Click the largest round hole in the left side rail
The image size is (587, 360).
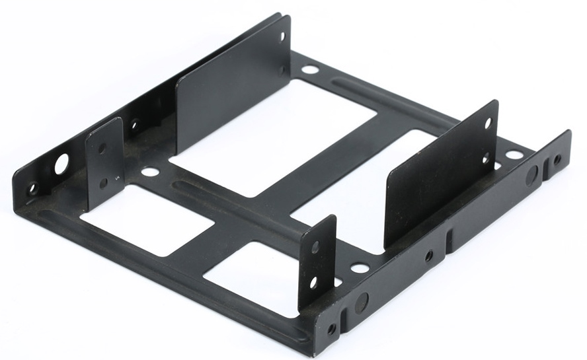pos(61,163)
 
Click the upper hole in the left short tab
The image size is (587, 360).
pos(102,149)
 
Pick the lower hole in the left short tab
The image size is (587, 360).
pos(103,183)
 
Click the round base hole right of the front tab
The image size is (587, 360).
pos(360,268)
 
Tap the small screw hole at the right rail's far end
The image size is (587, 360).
pos(557,159)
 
